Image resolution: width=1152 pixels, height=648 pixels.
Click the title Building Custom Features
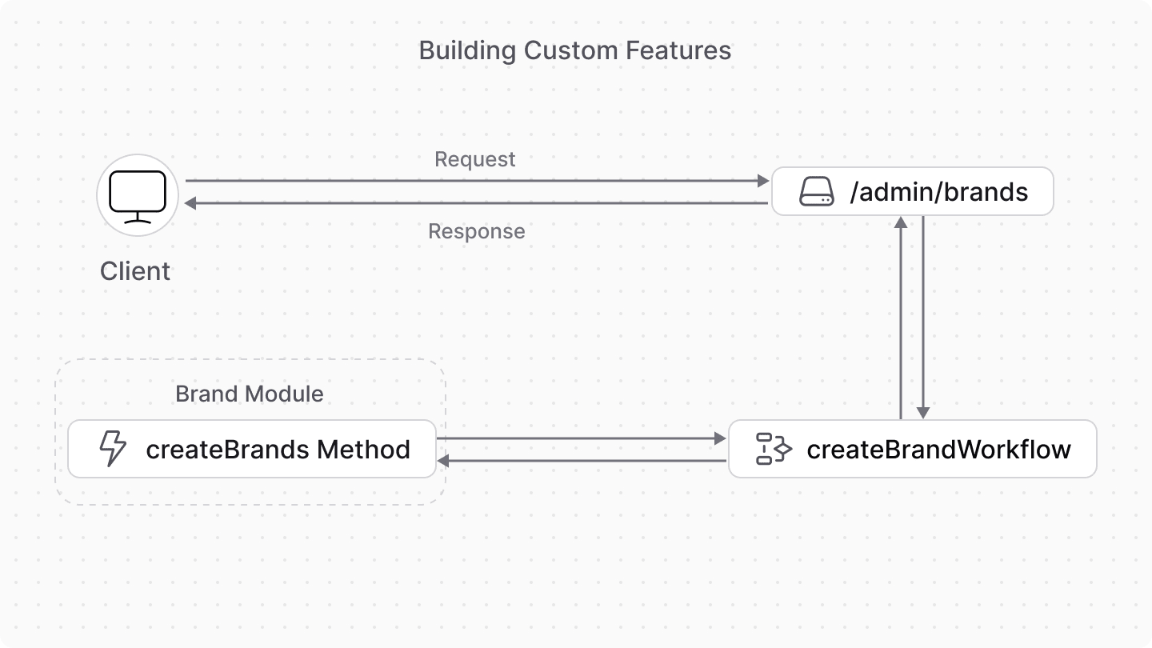click(574, 51)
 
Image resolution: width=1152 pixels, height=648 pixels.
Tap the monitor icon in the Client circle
click(137, 196)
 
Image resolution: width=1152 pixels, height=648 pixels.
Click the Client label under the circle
click(135, 271)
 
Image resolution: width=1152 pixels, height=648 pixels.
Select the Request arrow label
click(474, 159)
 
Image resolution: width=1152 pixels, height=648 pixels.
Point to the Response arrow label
click(476, 232)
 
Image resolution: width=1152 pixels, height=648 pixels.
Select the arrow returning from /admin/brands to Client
click(477, 204)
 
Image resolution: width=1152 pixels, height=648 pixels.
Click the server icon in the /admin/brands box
click(816, 193)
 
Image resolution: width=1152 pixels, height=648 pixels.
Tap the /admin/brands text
click(938, 193)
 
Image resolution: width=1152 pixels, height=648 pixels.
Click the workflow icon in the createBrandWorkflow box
click(774, 450)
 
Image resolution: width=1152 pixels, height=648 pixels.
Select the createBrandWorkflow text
click(938, 450)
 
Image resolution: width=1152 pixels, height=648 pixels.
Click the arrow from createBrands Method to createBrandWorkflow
click(582, 439)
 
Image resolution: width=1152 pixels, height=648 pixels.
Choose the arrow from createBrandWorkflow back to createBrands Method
click(582, 462)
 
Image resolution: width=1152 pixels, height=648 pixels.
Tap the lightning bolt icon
click(112, 450)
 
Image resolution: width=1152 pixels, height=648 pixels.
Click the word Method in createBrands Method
click(364, 450)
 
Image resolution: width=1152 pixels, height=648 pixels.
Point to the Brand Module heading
click(249, 394)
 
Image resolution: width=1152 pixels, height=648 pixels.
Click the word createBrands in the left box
click(227, 450)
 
